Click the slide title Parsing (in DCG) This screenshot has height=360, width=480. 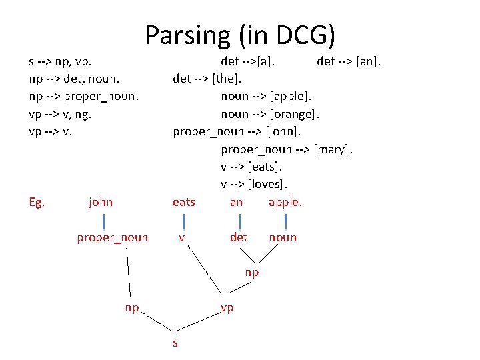(240, 35)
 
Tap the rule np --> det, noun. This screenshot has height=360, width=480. (75, 79)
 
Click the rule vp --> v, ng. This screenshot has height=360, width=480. (60, 114)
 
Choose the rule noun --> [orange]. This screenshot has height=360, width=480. (271, 114)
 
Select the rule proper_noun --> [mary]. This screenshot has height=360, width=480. (287, 149)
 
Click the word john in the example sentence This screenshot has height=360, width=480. (101, 202)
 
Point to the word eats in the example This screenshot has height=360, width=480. (184, 202)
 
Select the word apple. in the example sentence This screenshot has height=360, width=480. (285, 202)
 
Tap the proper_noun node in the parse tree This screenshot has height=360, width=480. (112, 237)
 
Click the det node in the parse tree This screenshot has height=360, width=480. (239, 237)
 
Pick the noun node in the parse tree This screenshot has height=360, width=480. (283, 237)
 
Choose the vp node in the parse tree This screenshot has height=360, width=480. (227, 308)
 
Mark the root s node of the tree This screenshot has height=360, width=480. (175, 343)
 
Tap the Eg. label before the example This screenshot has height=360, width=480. (37, 202)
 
